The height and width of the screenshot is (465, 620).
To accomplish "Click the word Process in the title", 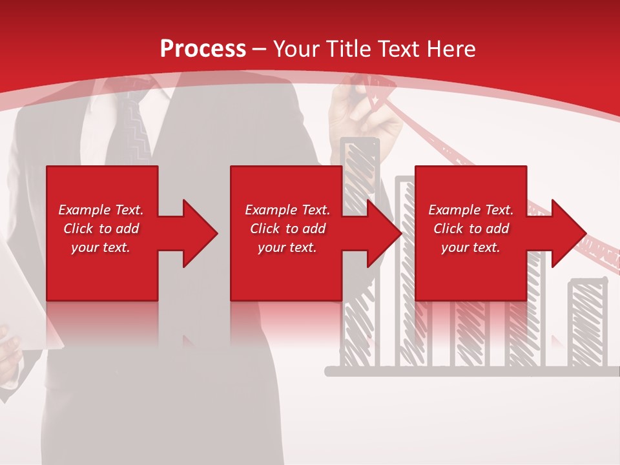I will point(203,48).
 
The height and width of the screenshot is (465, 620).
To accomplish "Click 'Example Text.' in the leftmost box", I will point(101,210).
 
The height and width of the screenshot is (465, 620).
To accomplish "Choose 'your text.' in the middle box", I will point(287,247).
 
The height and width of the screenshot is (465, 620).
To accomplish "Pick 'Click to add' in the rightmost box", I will point(471,229).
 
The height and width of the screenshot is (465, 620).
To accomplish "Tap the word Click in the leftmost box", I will point(79,229).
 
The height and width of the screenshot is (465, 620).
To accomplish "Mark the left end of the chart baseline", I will point(328,371).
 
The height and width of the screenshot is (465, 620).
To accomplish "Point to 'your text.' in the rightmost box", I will point(471,247).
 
